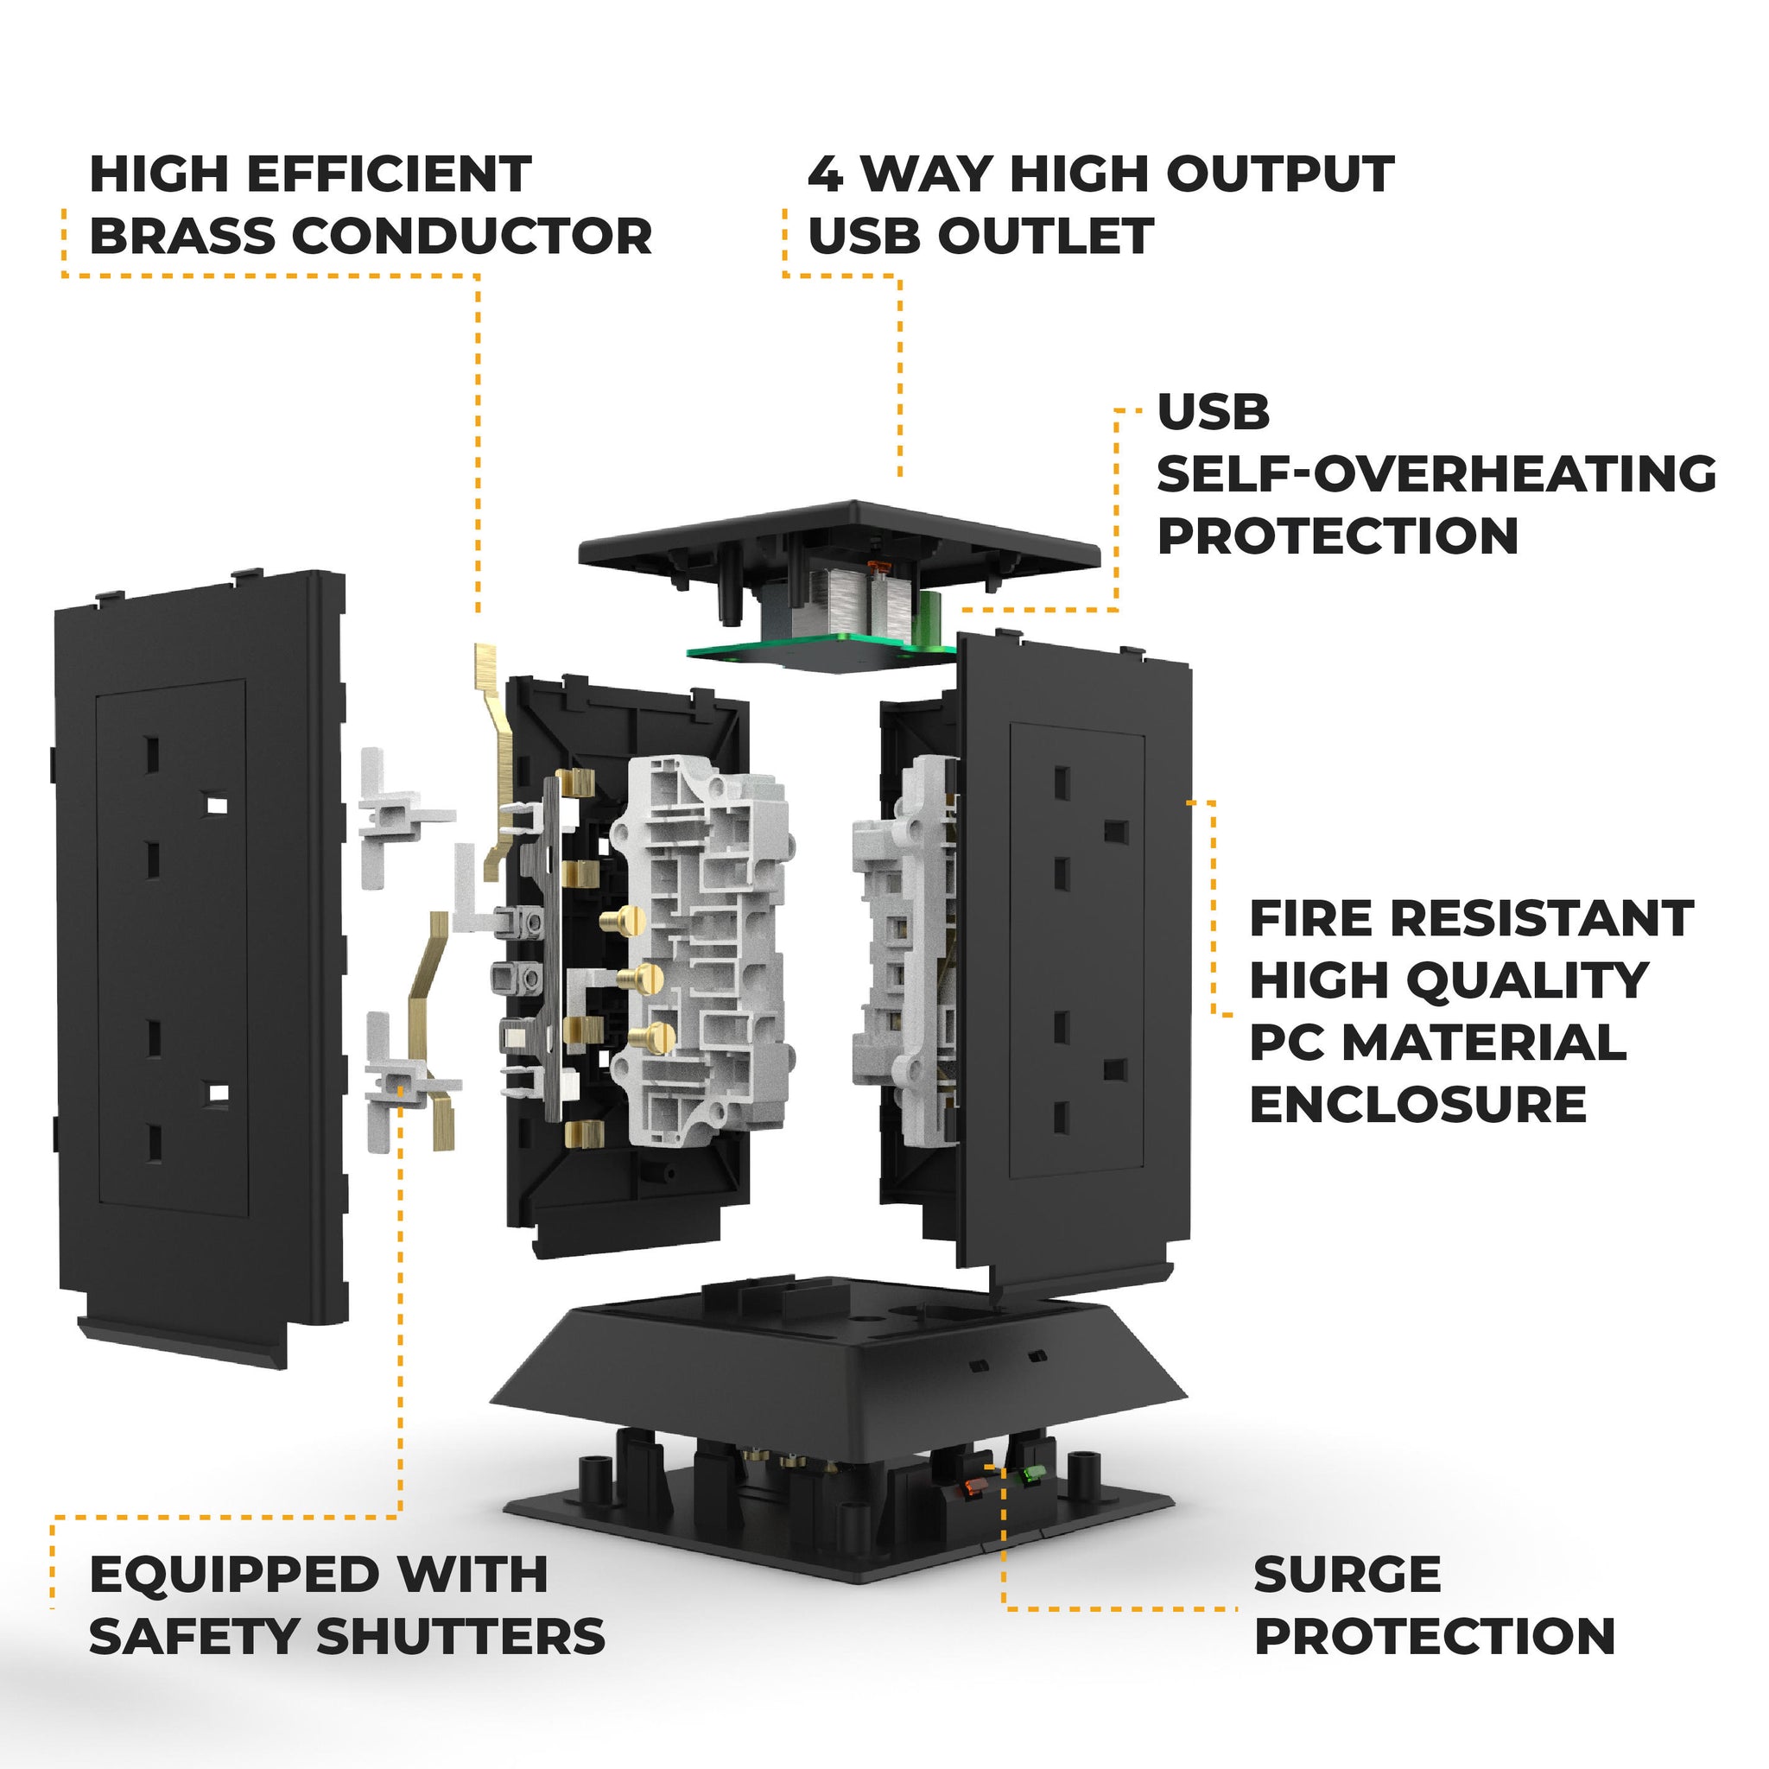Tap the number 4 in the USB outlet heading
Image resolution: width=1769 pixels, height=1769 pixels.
(825, 174)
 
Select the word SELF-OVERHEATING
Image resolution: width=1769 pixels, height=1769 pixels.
(1436, 474)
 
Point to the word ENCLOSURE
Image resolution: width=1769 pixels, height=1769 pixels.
(1417, 1104)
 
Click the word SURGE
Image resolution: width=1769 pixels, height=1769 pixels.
(1347, 1575)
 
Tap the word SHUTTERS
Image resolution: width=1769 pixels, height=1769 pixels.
(460, 1637)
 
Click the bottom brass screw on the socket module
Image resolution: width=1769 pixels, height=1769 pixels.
(653, 1037)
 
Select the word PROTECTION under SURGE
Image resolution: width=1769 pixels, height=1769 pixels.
(1434, 1637)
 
